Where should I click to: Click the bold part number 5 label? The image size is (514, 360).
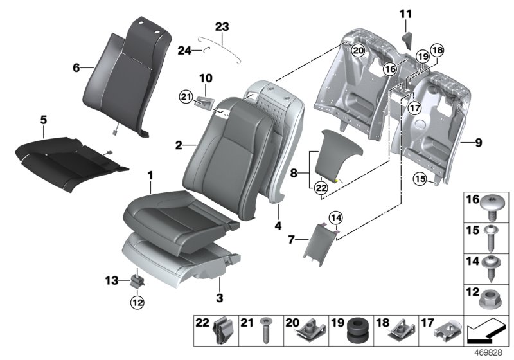[x=43, y=119]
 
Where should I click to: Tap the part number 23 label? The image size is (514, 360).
[x=222, y=27]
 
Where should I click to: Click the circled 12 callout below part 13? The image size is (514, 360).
[x=137, y=300]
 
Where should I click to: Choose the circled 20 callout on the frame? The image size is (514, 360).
[x=359, y=50]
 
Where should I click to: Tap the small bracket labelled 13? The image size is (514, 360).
[x=136, y=280]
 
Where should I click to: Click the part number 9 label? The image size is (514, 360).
[x=478, y=143]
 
